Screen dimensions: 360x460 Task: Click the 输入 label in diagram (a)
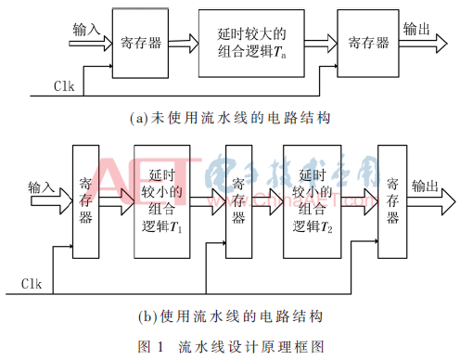86,30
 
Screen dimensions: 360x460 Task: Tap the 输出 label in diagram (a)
415,30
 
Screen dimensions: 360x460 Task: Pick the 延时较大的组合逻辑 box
250,44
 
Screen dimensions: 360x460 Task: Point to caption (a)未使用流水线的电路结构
231,118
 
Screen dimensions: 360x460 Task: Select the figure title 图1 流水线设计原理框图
231,346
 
